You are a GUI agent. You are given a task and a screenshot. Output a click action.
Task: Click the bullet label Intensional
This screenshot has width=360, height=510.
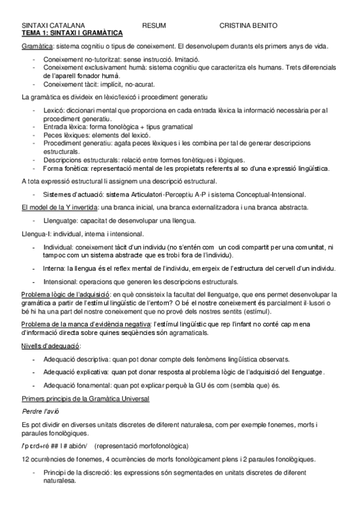click(x=61, y=281)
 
